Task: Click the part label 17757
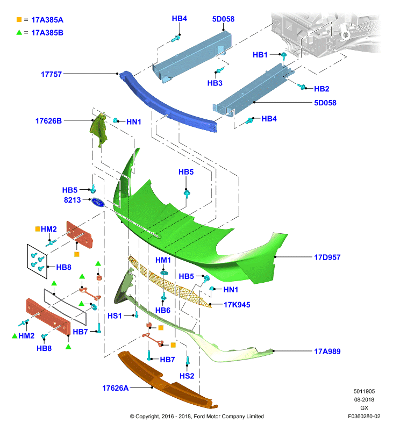51,74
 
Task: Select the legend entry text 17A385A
47,20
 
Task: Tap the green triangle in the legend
19,32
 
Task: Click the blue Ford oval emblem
98,202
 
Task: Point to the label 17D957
327,257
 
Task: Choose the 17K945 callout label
237,305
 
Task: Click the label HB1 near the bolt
260,55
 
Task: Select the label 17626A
116,388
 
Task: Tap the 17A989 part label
327,352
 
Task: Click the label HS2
187,376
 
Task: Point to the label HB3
215,83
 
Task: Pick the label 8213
73,200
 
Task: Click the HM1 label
163,260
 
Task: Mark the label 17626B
48,121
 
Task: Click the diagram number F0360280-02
364,416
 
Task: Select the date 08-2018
364,399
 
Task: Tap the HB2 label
321,89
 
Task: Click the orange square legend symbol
19,20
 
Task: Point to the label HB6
163,310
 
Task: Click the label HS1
115,316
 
